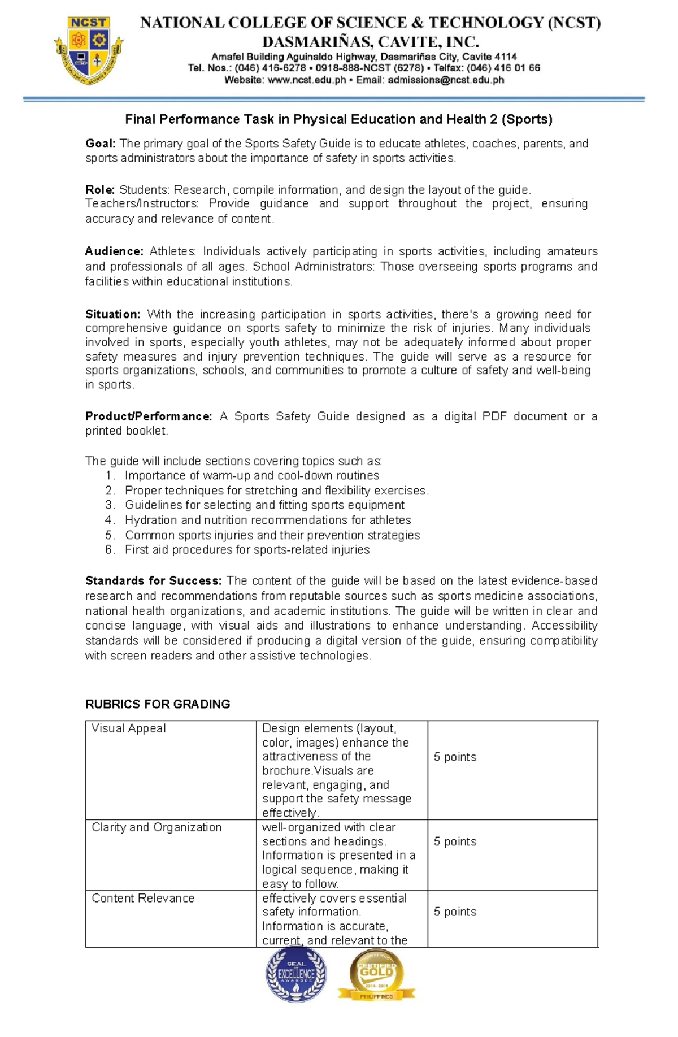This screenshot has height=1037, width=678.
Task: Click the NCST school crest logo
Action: pos(89,51)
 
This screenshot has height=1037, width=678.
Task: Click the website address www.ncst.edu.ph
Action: pos(306,80)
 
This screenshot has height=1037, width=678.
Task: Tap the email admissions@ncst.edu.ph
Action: pos(445,80)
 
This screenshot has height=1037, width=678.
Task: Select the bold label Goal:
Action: pos(101,144)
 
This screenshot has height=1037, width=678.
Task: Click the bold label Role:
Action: pos(100,190)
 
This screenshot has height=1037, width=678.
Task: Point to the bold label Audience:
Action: pos(114,251)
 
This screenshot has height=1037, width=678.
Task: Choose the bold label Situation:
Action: pos(112,314)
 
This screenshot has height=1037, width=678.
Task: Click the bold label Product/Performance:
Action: pos(149,416)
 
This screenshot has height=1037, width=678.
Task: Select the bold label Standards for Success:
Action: pos(154,581)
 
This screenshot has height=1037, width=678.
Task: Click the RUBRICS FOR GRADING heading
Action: pos(158,704)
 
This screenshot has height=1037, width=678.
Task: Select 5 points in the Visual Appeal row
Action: pos(455,757)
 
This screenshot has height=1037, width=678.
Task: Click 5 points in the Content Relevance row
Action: pos(455,912)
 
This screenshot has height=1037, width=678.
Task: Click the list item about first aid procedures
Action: pos(247,550)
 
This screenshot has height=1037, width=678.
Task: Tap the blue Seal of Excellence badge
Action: pos(296,975)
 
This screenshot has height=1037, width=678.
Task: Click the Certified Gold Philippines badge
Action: pos(376,975)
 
